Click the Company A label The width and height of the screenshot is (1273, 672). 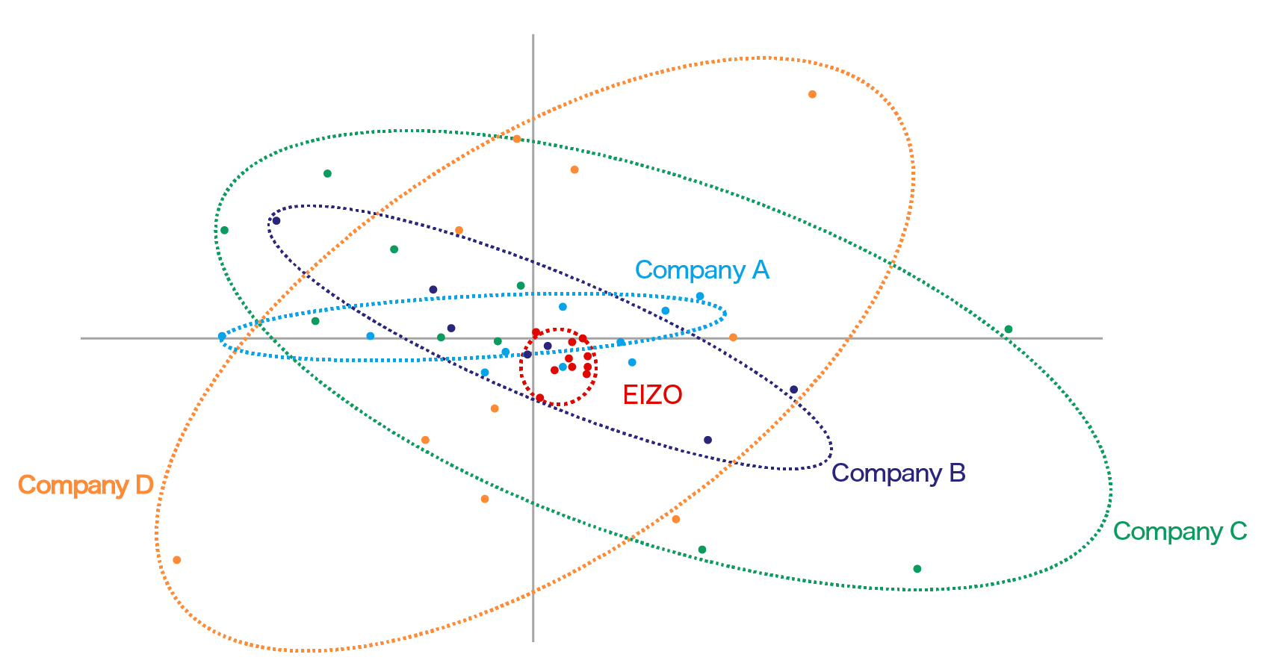pos(701,270)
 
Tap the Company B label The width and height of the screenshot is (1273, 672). pos(898,473)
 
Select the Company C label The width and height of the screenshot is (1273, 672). pos(1180,532)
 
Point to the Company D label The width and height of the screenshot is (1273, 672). pos(85,485)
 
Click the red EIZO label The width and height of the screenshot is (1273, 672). pos(652,395)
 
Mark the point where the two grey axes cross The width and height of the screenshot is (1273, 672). pos(533,338)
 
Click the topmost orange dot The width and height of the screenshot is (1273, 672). pos(812,95)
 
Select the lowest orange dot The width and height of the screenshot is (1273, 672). pos(177,560)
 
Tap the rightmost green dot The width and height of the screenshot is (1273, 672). pos(1008,329)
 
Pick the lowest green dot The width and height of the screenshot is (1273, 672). pos(917,569)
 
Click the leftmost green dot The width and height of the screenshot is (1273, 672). pos(224,230)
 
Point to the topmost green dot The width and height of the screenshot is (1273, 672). pos(327,174)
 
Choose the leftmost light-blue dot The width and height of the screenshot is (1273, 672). pos(221,337)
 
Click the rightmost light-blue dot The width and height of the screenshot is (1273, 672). pos(700,296)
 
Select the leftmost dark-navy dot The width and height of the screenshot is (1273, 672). pos(276,220)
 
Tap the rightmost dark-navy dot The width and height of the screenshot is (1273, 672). pos(793,390)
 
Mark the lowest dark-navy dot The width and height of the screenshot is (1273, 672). pos(708,440)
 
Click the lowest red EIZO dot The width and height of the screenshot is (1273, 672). pos(540,397)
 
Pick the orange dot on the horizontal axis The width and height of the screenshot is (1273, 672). pos(733,337)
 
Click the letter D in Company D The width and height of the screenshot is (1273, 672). pos(144,485)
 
